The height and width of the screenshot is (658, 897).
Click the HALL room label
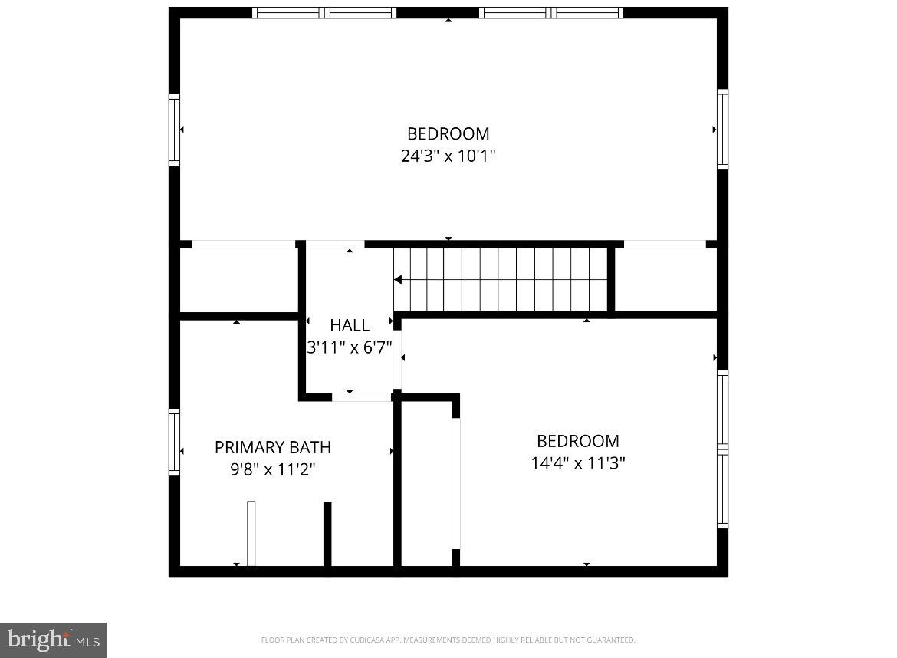coord(350,325)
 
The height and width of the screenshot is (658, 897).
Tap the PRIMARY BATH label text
coord(273,447)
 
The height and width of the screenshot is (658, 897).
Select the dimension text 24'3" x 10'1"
coord(449,156)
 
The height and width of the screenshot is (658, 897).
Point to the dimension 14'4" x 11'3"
coord(578,463)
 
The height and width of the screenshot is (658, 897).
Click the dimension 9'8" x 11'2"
coord(273,469)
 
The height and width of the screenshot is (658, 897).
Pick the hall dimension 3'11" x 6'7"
coord(350,347)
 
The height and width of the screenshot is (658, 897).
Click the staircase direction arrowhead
coord(398,281)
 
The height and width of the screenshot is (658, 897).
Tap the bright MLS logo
coord(53,640)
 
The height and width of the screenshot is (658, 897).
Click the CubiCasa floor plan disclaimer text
coord(449,640)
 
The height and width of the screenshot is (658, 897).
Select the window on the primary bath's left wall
coord(175,443)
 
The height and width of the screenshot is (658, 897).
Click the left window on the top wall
coord(324,12)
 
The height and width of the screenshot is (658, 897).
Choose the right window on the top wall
coord(551,12)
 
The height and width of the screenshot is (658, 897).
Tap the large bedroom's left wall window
coord(175,130)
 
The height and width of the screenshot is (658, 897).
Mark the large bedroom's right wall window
coord(722,129)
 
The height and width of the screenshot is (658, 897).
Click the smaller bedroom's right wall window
coord(722,449)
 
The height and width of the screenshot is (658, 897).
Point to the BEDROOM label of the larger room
coord(449,134)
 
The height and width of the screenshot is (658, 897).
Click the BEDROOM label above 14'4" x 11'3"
coord(578,441)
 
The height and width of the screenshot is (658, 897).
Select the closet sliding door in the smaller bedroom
coord(456,483)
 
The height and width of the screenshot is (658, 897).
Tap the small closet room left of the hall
coord(238,280)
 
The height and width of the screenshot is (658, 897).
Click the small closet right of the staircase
coord(665,280)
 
